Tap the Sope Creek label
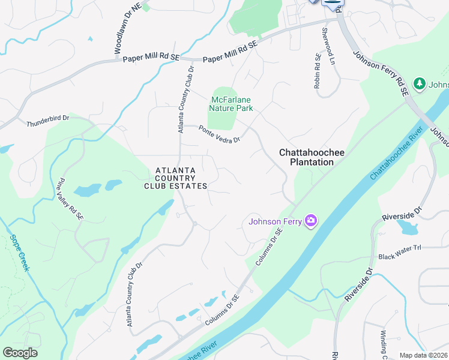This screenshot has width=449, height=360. (18, 253)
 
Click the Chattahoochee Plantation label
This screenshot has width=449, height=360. (312, 157)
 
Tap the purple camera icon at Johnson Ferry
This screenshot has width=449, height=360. (310, 221)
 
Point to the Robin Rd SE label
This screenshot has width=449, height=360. (317, 71)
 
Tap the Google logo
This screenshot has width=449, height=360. (20, 353)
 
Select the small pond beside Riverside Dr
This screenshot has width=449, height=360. (408, 228)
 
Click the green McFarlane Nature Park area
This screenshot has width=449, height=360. (223, 120)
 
